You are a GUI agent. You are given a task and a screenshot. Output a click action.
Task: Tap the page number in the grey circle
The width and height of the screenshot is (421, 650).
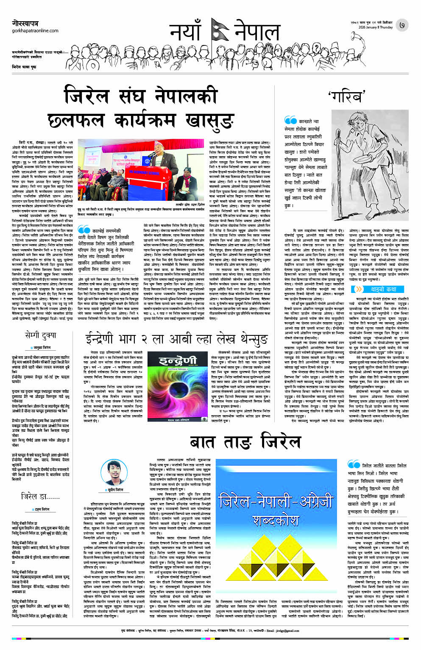[x=402, y=26]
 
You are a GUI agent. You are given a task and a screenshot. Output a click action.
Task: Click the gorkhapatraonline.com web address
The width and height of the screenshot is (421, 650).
[x=35, y=31]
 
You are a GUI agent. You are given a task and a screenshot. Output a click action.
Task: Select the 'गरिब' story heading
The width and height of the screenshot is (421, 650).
[x=347, y=96]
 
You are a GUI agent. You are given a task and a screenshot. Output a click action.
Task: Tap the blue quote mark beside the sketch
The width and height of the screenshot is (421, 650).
[x=290, y=121]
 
